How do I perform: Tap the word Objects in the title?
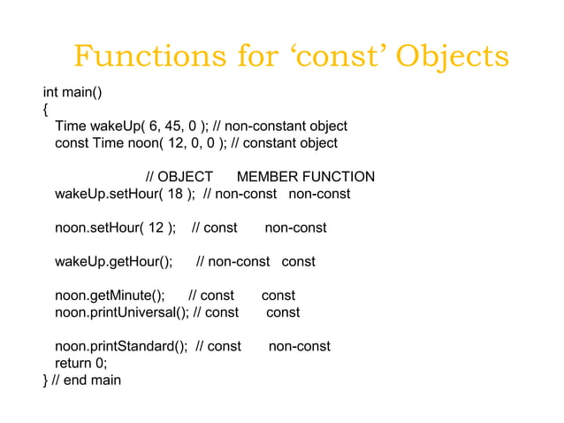(x=452, y=57)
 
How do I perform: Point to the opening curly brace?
(x=46, y=110)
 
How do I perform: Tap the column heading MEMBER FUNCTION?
(x=305, y=177)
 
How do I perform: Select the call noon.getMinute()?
(x=110, y=296)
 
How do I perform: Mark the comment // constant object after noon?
(x=284, y=143)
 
